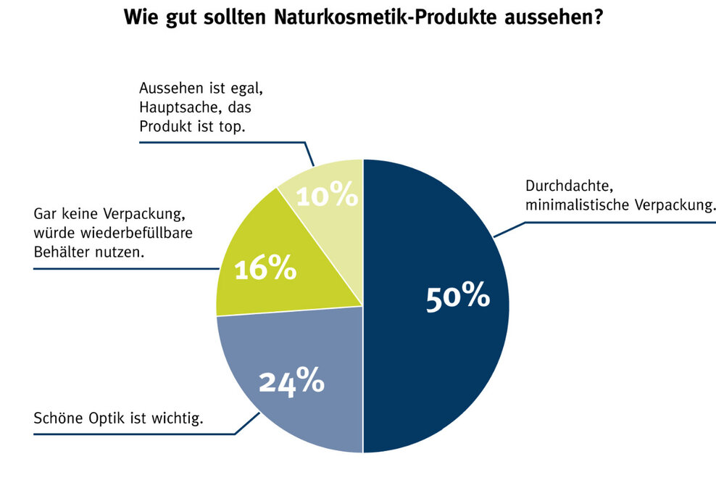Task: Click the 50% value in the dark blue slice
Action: coord(457,298)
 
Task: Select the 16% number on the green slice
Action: coord(265,269)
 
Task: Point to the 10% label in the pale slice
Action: coord(328,195)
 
